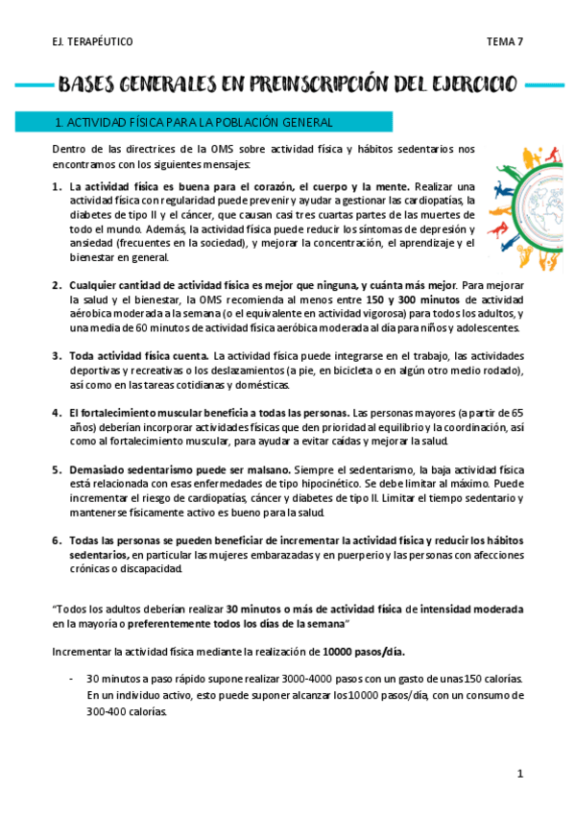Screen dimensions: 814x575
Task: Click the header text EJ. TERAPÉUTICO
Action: coord(93,42)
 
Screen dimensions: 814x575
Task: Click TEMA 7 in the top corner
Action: coord(504,42)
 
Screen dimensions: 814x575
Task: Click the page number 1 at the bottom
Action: coord(519,774)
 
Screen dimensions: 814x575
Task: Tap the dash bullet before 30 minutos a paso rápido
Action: coord(74,679)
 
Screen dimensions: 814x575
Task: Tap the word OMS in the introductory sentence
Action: coord(210,149)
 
